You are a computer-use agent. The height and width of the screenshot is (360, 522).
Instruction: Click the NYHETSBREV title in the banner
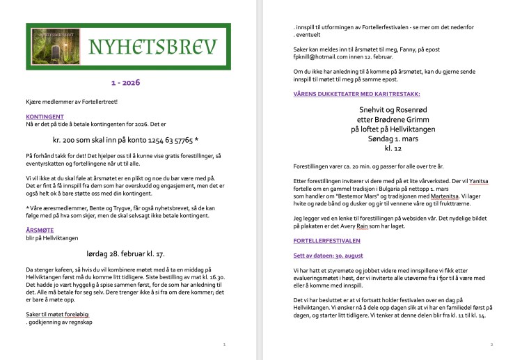(152, 46)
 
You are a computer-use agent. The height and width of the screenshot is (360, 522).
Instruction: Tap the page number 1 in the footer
(223, 344)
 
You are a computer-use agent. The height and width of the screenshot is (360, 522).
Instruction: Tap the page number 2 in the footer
(491, 344)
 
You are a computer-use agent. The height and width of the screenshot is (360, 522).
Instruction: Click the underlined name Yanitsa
(478, 182)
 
